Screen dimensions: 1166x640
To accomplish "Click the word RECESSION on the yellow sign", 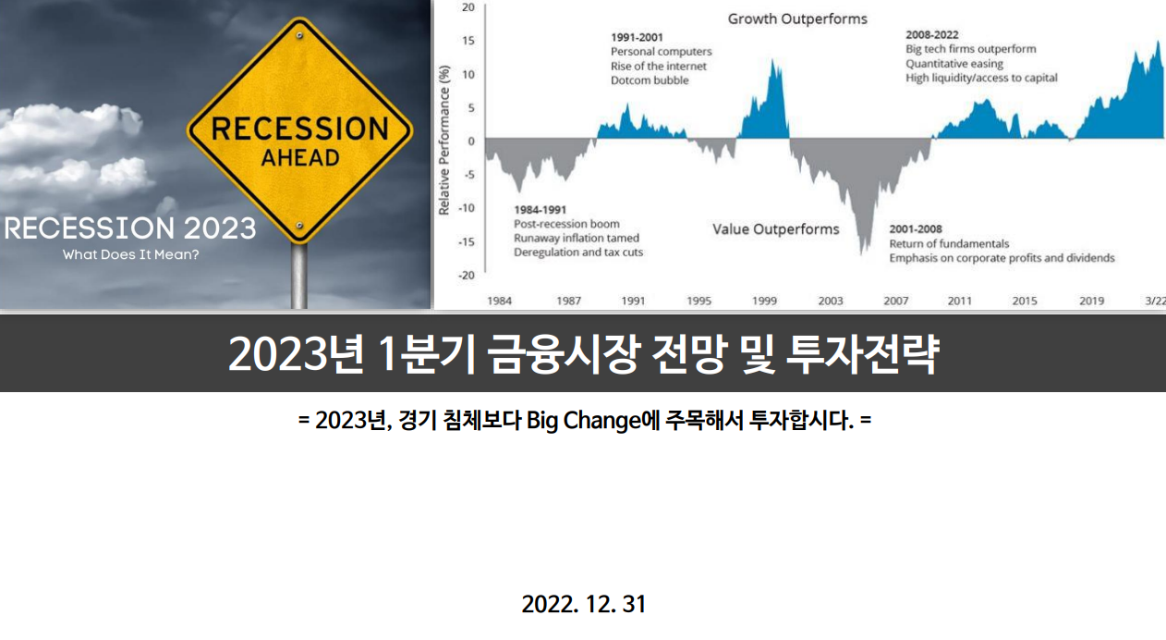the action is (300, 129).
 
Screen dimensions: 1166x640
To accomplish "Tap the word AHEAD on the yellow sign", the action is (300, 158).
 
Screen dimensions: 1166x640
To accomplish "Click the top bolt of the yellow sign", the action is (299, 35).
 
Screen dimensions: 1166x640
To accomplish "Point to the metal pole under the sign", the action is (298, 276).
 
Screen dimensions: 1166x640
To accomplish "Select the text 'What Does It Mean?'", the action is (130, 255).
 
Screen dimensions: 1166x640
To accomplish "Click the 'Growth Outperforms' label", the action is (797, 19).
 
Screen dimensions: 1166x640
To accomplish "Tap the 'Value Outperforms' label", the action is (775, 229).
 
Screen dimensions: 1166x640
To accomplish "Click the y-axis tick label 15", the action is (468, 41).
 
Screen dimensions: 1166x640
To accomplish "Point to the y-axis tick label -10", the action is (467, 208).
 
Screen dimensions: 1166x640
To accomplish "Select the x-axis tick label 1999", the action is (764, 301).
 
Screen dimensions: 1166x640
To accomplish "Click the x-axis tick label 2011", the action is (959, 301).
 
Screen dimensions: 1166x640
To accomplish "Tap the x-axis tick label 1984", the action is (499, 301).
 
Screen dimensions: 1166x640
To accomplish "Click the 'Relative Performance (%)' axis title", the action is (444, 141).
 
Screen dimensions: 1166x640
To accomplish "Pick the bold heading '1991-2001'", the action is (637, 38).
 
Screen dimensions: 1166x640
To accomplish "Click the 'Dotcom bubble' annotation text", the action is (650, 80).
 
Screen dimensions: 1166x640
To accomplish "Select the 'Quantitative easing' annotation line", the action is (954, 64).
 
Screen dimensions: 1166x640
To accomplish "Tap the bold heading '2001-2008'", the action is (916, 229).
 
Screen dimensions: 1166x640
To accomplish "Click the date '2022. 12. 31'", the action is (584, 605).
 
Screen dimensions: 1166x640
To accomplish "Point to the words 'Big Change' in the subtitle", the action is (585, 421).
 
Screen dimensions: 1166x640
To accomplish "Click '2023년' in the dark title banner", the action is (296, 354).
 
